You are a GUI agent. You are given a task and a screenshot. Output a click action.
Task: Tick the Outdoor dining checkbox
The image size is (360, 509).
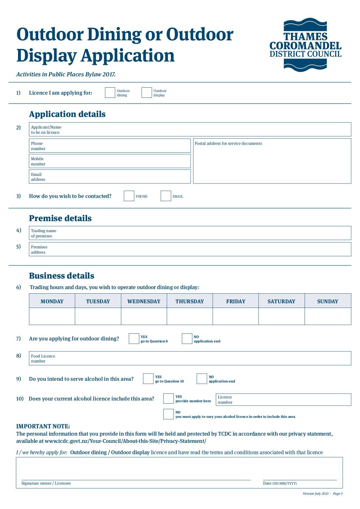coord(110,93)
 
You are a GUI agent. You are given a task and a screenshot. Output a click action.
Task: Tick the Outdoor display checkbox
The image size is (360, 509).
coord(146,93)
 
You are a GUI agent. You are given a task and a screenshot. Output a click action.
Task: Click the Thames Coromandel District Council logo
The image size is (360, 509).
coord(305,45)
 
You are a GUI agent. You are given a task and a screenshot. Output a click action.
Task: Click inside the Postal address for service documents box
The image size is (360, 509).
coord(272,164)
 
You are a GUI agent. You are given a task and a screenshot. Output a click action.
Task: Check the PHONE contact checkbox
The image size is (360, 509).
coord(129,196)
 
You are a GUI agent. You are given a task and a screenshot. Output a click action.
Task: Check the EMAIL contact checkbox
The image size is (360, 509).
coord(166,196)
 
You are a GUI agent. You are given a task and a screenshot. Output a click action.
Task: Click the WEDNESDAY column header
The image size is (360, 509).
coord(144,301)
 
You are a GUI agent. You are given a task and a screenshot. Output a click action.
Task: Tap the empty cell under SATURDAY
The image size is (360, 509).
coord(281,316)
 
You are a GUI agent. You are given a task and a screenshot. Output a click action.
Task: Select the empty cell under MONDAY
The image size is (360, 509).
coord(52,316)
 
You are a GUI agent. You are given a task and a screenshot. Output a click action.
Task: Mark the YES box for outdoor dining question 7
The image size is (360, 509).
coord(134,339)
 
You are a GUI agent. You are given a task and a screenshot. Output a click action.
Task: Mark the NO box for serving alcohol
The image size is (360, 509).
coord(202,379)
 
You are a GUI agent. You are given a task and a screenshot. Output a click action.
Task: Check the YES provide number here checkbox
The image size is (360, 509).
coord(168,398)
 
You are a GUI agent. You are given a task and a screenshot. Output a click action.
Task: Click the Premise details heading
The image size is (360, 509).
coord(60,218)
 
